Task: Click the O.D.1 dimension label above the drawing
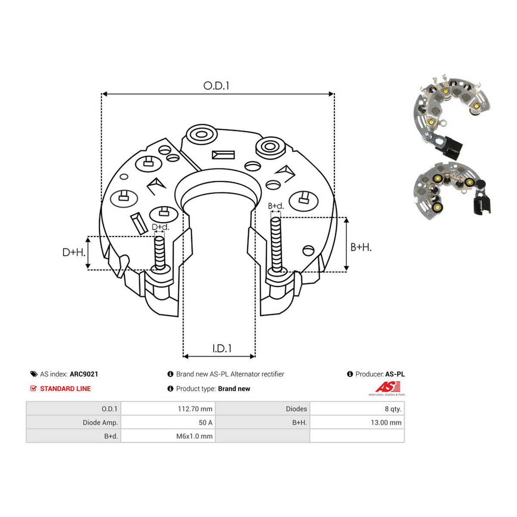click(x=216, y=86)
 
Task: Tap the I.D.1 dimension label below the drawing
click(x=221, y=349)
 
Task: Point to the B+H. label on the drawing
click(x=361, y=247)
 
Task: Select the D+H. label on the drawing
click(x=74, y=252)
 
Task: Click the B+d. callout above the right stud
click(x=276, y=206)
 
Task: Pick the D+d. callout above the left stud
click(x=160, y=227)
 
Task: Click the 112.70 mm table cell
click(x=195, y=409)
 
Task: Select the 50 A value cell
click(x=206, y=423)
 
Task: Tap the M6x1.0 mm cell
click(x=194, y=436)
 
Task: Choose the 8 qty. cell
click(x=393, y=409)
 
